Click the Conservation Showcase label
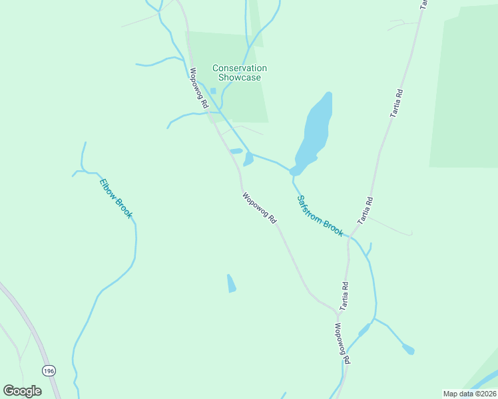[x=240, y=72]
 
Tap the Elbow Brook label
[x=116, y=198]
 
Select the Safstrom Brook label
[x=320, y=215]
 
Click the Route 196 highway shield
[x=48, y=370]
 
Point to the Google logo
[x=23, y=391]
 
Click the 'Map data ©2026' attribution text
[x=469, y=394]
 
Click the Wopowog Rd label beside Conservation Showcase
[x=199, y=88]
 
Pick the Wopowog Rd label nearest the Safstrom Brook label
[x=259, y=207]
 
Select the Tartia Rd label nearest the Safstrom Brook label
[x=365, y=211]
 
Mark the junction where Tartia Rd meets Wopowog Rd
[x=339, y=311]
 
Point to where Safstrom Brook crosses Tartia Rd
[x=348, y=237]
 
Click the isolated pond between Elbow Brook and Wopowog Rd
[x=231, y=283]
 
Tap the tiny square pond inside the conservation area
[x=213, y=91]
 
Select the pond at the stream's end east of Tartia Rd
[x=408, y=349]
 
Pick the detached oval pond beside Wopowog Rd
[x=236, y=151]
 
